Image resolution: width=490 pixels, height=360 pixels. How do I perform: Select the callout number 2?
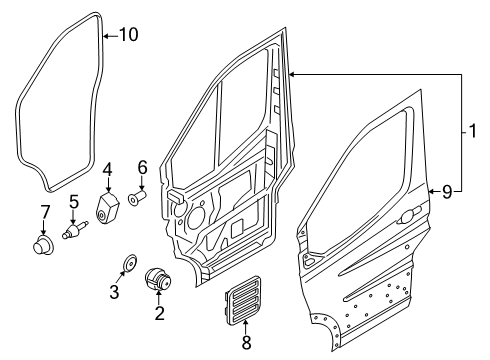tap(157, 314)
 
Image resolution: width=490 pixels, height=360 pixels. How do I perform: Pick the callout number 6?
tap(142, 167)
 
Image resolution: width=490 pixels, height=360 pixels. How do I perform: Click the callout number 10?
tap(129, 34)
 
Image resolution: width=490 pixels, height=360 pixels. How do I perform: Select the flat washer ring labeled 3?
tap(127, 265)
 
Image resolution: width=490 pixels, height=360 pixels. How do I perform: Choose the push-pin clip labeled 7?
tap(43, 243)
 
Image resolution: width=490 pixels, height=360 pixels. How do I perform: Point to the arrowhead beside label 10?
tap(106, 34)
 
